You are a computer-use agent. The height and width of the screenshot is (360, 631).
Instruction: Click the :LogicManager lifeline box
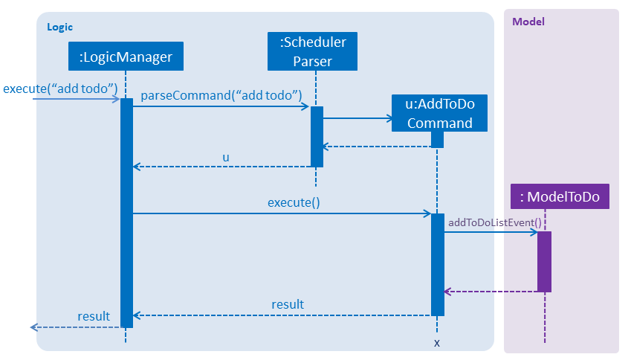pos(126,57)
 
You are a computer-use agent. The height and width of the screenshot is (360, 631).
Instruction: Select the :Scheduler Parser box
pos(313,51)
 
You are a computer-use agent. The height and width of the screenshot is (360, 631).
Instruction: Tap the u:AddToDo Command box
pos(439,113)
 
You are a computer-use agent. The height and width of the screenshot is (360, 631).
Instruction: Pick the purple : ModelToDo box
pos(560,196)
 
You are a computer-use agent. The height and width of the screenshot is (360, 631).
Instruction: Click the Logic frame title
pos(60,27)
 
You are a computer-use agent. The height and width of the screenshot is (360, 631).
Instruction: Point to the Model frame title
pos(528,22)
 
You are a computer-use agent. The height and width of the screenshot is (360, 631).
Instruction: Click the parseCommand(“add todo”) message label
pos(221,95)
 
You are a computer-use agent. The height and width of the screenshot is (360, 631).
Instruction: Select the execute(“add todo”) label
pos(60,89)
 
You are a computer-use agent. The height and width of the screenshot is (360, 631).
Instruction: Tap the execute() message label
pos(294,202)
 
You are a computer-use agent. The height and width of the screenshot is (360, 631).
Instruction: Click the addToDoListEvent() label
pos(495,222)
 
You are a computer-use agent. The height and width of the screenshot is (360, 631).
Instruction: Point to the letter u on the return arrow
pos(226,158)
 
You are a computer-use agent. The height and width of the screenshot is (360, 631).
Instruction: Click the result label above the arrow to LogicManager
pos(288,304)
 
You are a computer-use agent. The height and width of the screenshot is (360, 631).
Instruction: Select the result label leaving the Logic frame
pos(94,316)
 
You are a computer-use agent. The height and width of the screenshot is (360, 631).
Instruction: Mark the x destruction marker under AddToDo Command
pos(437,343)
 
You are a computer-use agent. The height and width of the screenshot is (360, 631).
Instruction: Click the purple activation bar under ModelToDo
pos(545,262)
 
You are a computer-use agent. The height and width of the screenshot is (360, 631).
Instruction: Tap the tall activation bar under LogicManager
pos(127,213)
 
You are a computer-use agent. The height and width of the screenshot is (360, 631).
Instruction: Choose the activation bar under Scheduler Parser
pos(317,137)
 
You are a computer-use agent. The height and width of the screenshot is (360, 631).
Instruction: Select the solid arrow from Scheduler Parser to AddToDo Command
pos(357,118)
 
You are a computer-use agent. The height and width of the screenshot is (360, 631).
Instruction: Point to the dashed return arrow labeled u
pos(221,167)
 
